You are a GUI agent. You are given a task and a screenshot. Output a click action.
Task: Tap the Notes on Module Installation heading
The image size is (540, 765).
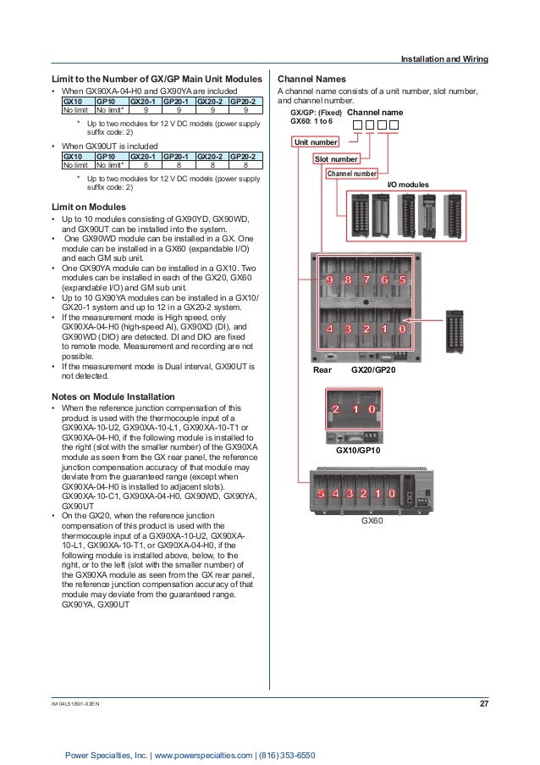pyautogui.click(x=113, y=396)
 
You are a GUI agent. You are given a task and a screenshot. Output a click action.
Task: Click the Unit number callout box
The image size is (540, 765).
pyautogui.click(x=315, y=142)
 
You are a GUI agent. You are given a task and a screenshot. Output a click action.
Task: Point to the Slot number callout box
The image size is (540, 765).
pyautogui.click(x=335, y=158)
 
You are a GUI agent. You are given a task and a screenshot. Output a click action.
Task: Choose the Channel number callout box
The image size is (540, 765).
pyautogui.click(x=351, y=174)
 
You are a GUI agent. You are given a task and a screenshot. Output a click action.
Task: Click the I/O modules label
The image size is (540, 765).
pyautogui.click(x=408, y=184)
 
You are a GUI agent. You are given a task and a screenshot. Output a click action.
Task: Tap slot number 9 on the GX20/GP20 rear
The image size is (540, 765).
pyautogui.click(x=327, y=280)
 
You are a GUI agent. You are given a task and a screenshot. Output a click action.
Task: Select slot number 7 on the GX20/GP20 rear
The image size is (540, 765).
pyautogui.click(x=366, y=280)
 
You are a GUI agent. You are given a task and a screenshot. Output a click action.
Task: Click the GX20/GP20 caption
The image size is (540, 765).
pyautogui.click(x=374, y=370)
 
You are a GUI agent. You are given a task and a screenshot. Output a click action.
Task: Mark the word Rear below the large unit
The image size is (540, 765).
pyautogui.click(x=322, y=370)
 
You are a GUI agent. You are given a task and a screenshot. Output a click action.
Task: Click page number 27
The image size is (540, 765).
pyautogui.click(x=484, y=704)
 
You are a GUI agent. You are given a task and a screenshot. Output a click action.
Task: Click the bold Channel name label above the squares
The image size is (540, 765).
pyautogui.click(x=375, y=112)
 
